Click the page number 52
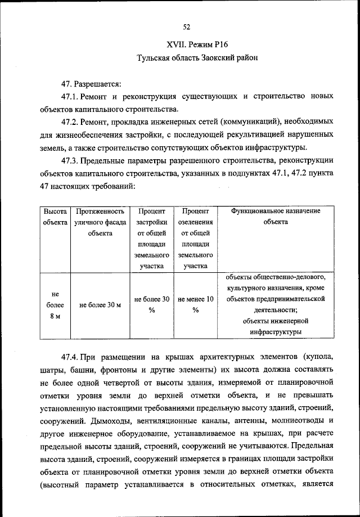[x=187, y=26]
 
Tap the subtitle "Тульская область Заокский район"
[x=187, y=58]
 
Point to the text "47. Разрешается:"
[x=92, y=84]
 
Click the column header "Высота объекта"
[x=55, y=217]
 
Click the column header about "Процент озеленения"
[x=195, y=239]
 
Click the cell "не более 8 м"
[x=55, y=306]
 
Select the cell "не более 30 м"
[x=100, y=305]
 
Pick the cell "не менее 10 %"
[x=195, y=305]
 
